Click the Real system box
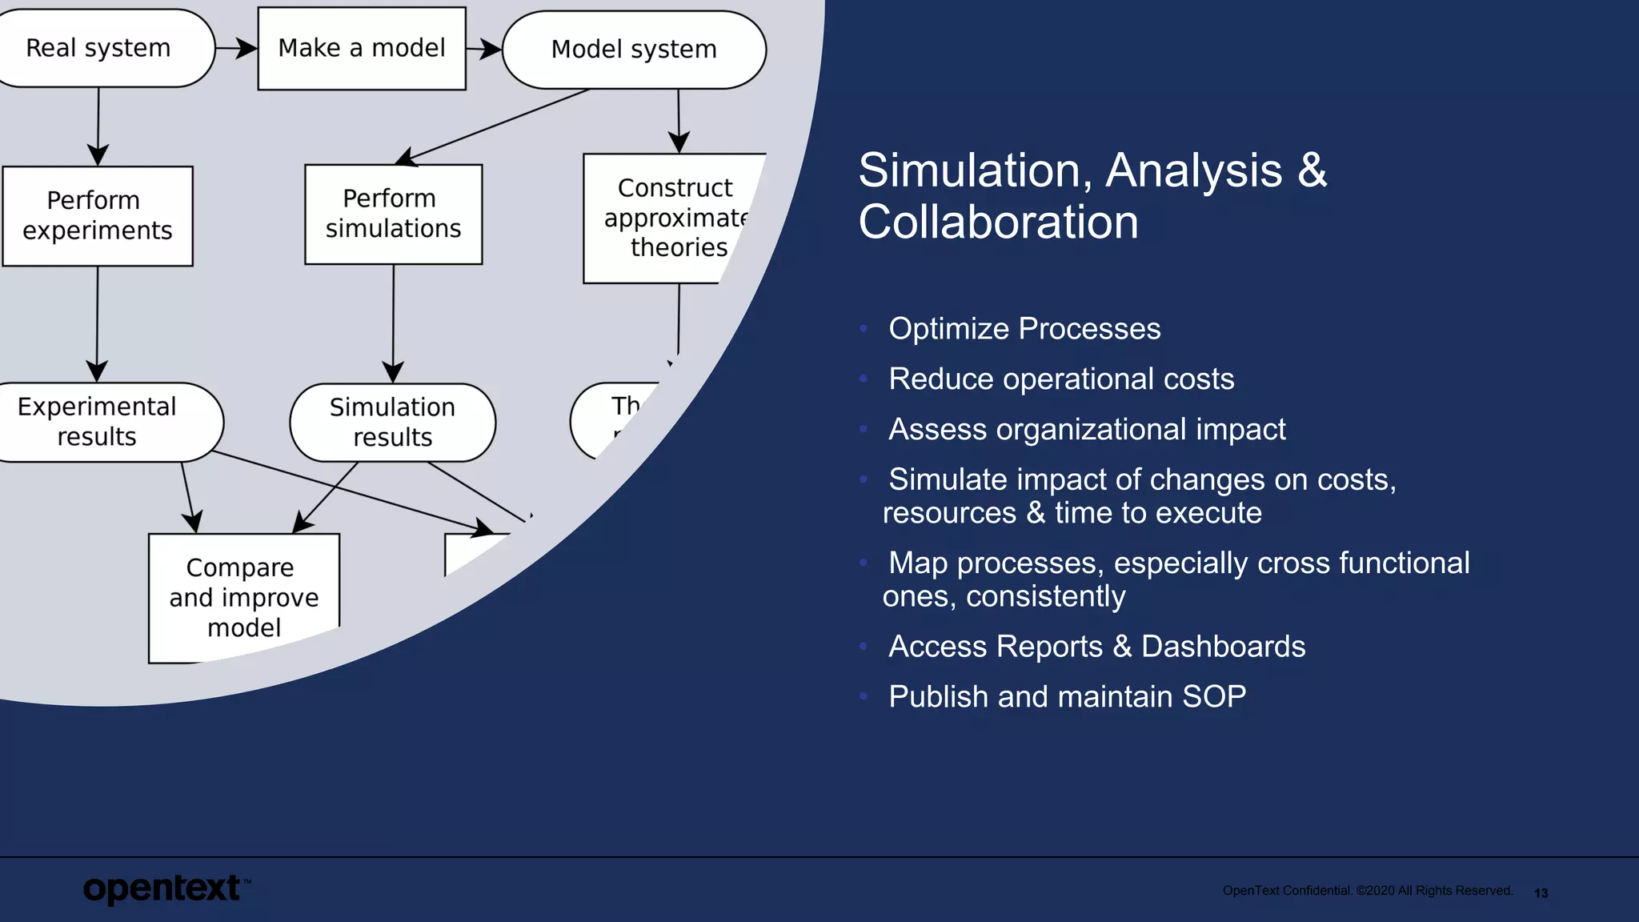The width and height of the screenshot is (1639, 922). [100, 48]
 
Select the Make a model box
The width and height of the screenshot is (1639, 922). [362, 48]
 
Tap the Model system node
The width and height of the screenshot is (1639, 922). [634, 50]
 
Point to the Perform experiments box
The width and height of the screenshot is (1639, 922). [98, 215]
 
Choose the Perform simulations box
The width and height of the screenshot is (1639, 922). [393, 214]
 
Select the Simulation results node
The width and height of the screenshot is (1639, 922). [392, 422]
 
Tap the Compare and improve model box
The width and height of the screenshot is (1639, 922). [243, 597]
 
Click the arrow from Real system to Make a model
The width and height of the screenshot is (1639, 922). [236, 49]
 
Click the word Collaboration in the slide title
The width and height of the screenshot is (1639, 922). [998, 222]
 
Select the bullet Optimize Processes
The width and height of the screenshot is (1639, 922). [1024, 329]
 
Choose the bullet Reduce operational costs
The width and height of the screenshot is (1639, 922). [1060, 379]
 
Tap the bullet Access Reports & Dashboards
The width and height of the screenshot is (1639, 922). [1096, 647]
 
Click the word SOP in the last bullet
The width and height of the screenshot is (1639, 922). [1214, 697]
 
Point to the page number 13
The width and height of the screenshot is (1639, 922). [1541, 893]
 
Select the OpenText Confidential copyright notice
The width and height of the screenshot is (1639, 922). [1367, 891]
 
